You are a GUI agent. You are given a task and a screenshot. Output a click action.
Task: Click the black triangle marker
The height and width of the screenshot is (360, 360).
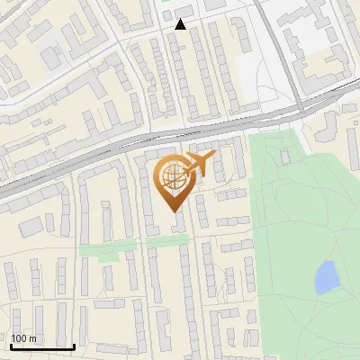tap(181, 24)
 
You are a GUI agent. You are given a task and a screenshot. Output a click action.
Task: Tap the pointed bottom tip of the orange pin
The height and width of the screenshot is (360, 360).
tap(175, 211)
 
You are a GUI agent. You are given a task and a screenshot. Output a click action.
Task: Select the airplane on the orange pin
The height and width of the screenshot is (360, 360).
tap(198, 164)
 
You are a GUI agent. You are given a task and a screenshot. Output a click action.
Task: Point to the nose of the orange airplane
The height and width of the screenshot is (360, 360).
tap(213, 157)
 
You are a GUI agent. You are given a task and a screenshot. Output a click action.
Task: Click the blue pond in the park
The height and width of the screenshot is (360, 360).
tap(325, 277)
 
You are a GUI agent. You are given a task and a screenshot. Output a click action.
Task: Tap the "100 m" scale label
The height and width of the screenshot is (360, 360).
tap(24, 338)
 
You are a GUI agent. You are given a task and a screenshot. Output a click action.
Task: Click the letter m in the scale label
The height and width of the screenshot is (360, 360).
tap(32, 338)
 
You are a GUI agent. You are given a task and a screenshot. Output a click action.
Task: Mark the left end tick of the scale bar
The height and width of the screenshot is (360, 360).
tap(10, 344)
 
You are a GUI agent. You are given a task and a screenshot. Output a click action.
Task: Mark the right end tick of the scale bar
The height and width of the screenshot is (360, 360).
tap(74, 344)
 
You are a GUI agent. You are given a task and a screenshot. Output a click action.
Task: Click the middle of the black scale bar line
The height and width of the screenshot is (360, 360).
tap(41, 346)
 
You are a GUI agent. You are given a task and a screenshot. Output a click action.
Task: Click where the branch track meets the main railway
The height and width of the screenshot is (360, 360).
tap(301, 106)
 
